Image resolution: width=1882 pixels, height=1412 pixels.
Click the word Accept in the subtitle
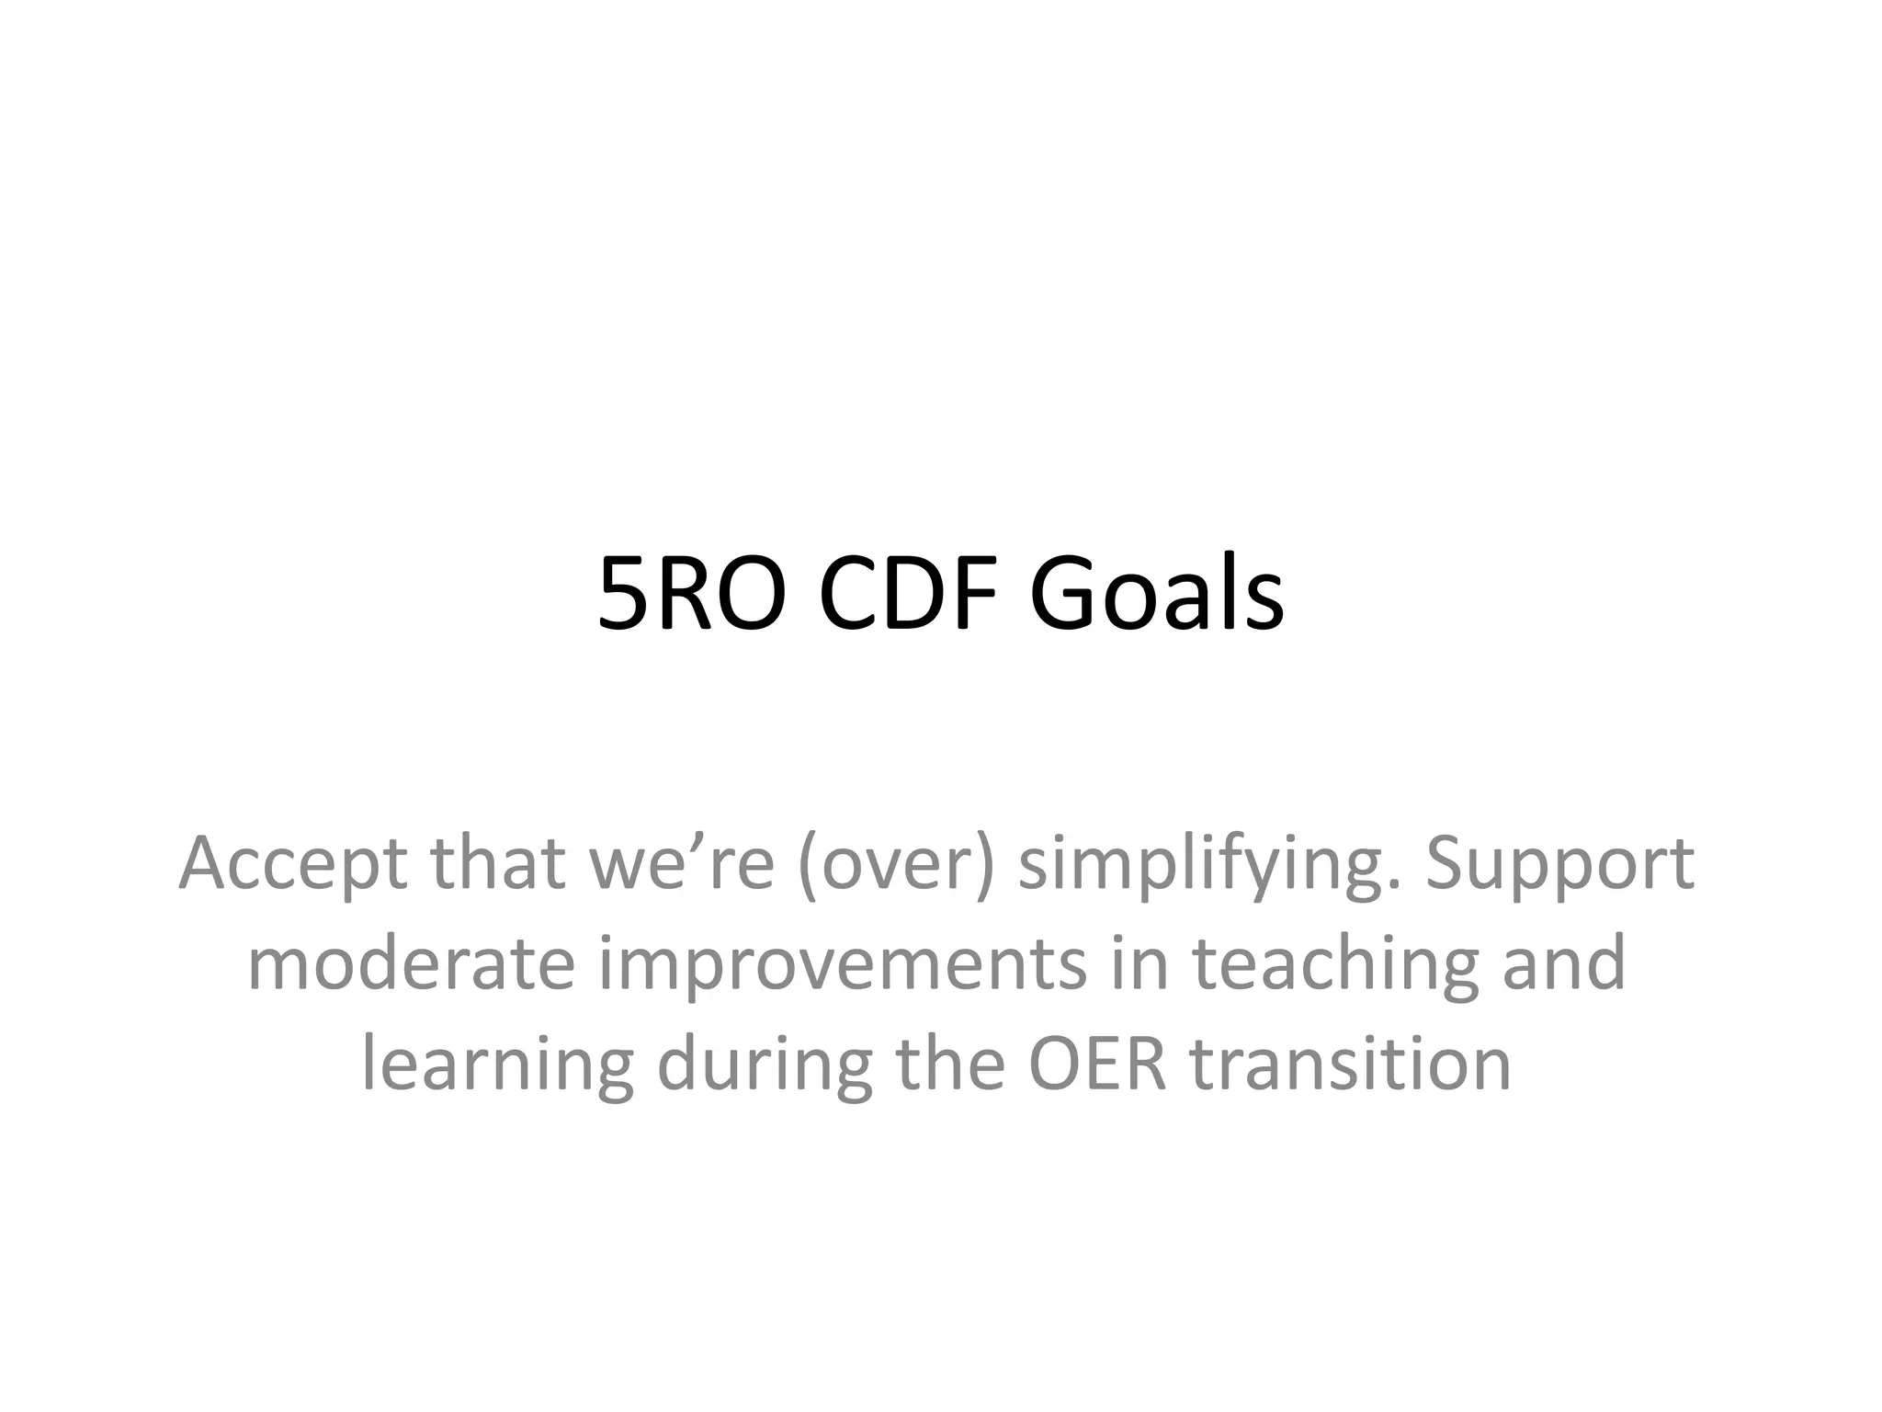[293, 866]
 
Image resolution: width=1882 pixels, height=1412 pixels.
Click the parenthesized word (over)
[896, 864]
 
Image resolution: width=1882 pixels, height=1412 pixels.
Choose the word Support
[1559, 866]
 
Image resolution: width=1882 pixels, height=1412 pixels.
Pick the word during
[764, 1065]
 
